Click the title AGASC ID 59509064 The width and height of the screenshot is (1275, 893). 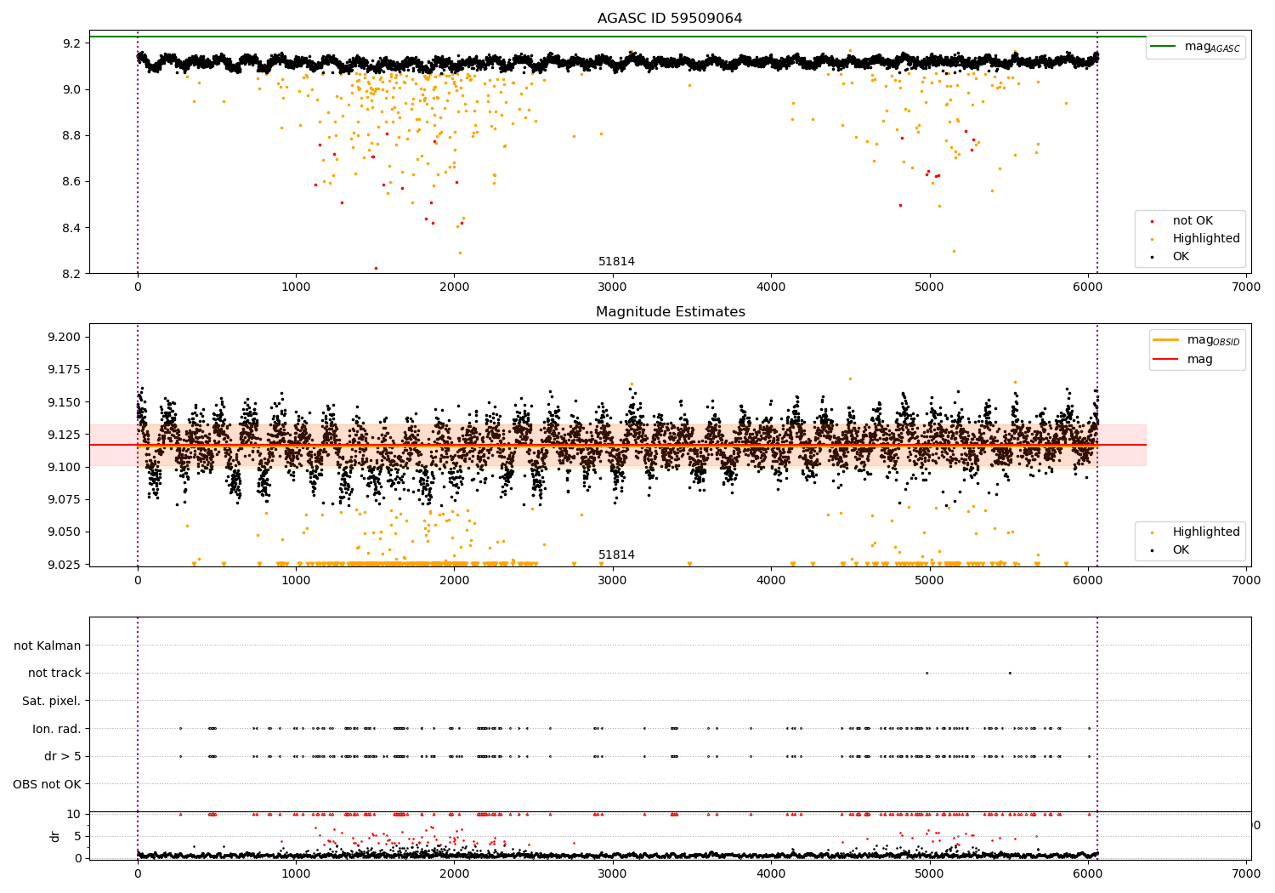(670, 18)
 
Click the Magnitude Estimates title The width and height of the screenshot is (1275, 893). (670, 311)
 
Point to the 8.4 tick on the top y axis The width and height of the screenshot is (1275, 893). (72, 228)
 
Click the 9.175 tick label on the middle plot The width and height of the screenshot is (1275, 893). (65, 370)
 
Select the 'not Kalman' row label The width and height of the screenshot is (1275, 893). (48, 646)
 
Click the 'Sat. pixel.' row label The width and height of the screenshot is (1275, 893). (51, 701)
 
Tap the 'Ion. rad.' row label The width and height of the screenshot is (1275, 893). (56, 728)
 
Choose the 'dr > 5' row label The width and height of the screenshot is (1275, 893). (63, 756)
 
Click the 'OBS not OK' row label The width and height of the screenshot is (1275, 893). (47, 784)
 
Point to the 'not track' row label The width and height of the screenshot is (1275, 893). (54, 674)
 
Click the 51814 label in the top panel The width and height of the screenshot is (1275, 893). (616, 261)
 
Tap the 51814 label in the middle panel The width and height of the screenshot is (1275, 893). (616, 555)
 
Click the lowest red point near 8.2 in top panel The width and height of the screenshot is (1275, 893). (376, 268)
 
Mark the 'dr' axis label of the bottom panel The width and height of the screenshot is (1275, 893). (55, 837)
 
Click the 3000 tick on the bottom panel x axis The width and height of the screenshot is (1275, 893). (613, 873)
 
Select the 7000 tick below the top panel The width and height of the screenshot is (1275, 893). (1246, 287)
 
